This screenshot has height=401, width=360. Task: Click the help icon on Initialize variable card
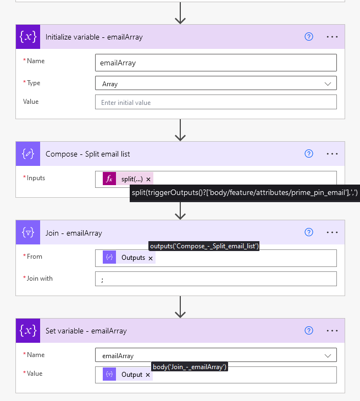pos(309,37)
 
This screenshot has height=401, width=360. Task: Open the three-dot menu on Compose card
pos(332,154)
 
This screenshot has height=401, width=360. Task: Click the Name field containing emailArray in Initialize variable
pos(215,63)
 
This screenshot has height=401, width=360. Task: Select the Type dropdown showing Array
pos(215,83)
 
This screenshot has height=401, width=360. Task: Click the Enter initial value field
pos(215,102)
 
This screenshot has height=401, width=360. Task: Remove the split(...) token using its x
pos(148,179)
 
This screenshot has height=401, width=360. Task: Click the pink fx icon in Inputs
pos(109,179)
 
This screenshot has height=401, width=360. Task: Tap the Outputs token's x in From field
pos(151,258)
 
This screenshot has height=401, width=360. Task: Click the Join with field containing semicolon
pos(215,279)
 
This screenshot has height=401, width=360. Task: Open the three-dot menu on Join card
pos(332,232)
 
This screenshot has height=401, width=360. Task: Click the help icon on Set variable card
pos(309,331)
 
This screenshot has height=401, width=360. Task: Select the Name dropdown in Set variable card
pos(215,356)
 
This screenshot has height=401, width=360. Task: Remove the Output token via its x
pos(148,375)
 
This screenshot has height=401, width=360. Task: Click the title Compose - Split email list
pos(88,154)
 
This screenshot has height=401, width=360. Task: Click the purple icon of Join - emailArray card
pos(28,232)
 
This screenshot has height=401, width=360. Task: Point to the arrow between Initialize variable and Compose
pos(180,130)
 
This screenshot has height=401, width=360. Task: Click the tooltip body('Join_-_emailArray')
pos(190,366)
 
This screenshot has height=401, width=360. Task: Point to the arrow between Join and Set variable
pos(180,307)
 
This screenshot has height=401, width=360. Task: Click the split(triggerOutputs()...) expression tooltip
pos(245,193)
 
